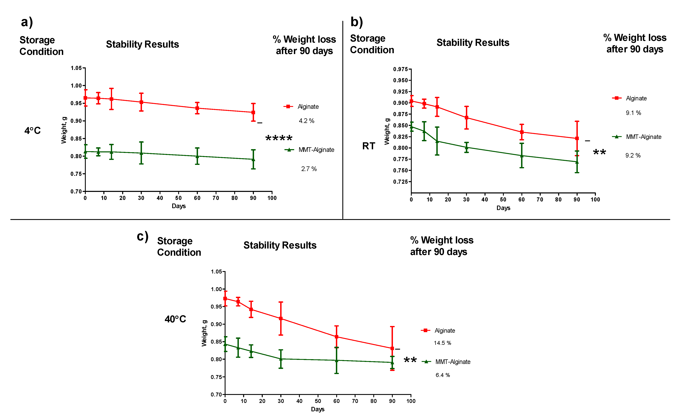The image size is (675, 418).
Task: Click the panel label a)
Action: (27, 22)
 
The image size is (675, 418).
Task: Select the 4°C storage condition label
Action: (33, 130)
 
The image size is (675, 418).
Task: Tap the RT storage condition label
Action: (369, 146)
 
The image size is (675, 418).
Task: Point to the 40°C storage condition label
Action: (175, 319)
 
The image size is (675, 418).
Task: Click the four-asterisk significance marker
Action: (279, 138)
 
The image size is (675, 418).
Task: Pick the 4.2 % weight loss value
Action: (306, 121)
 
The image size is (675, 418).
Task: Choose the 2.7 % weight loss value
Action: (309, 169)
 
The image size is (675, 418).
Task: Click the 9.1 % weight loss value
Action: (633, 113)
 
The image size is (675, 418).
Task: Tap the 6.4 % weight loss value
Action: (442, 375)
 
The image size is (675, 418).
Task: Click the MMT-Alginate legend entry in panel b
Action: (637, 137)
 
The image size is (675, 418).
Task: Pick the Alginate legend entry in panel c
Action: (438, 331)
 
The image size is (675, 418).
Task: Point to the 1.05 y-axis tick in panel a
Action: (76, 68)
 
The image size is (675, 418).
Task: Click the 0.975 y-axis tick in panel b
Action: (400, 69)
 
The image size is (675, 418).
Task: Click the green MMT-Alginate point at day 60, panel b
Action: (522, 156)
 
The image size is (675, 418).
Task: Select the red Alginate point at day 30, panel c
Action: (281, 318)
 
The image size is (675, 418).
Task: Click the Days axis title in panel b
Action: (503, 208)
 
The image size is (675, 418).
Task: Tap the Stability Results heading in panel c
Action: (280, 245)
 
